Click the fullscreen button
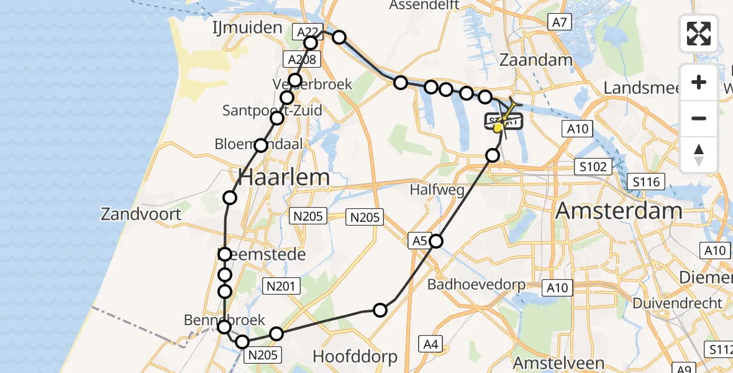699,34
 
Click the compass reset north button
699,155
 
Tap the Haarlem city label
284,177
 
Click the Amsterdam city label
619,211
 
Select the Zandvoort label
142,214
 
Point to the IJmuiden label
239,28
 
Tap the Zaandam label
535,60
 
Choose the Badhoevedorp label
476,285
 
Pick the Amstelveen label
558,362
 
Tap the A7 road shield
559,23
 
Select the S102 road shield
594,167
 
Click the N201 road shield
282,286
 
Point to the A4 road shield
431,343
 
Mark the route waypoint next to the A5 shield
436,241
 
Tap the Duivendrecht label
678,303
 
